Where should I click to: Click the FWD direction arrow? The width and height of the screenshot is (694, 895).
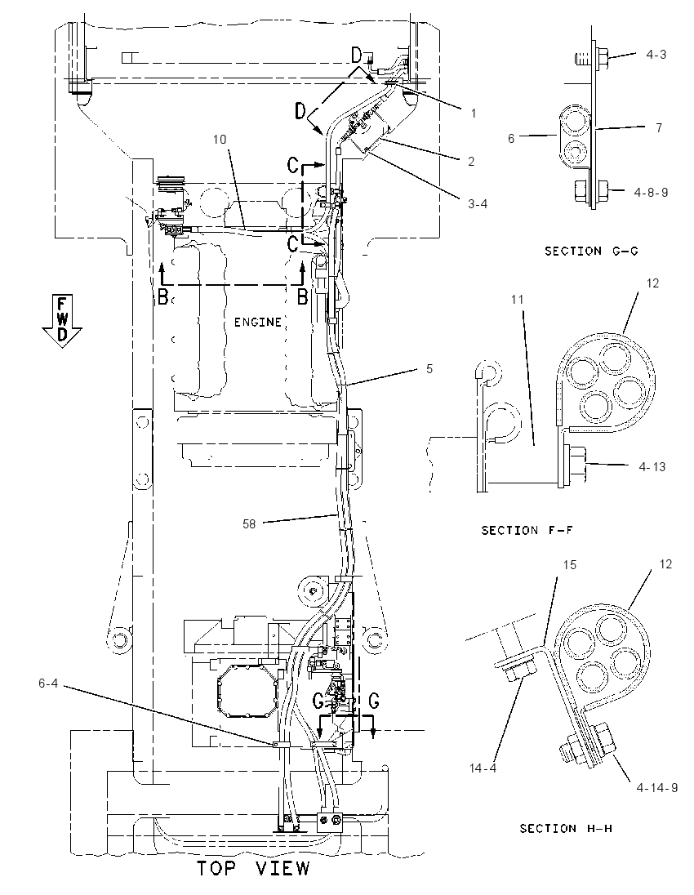click(x=62, y=321)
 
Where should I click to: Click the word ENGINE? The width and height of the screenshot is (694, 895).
click(x=258, y=323)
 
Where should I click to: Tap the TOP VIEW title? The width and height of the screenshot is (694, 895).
click(x=253, y=868)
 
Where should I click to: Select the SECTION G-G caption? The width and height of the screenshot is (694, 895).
click(x=590, y=252)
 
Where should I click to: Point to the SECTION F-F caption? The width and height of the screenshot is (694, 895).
click(x=527, y=530)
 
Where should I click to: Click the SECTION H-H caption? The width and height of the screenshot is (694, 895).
click(x=566, y=828)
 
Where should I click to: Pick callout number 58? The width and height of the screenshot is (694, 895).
click(x=249, y=523)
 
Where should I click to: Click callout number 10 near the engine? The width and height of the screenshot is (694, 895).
click(x=220, y=140)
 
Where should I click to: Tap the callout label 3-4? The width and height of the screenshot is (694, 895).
click(x=477, y=204)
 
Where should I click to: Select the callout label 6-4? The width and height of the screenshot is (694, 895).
click(x=48, y=683)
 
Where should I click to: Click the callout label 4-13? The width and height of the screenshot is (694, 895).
click(x=652, y=467)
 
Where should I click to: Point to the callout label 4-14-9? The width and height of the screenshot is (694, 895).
click(x=657, y=788)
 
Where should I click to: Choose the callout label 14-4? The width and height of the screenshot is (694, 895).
click(x=483, y=768)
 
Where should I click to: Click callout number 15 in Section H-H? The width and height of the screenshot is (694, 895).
click(x=570, y=564)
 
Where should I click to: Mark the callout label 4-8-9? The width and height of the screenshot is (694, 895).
click(x=651, y=193)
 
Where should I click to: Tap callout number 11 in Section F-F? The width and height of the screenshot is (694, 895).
click(x=517, y=299)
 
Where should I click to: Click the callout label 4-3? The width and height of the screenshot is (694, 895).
click(x=656, y=54)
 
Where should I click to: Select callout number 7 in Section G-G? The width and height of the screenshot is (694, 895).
click(x=659, y=127)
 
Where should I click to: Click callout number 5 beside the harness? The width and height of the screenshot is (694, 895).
click(x=429, y=369)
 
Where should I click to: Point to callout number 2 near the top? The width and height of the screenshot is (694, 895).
click(x=471, y=162)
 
